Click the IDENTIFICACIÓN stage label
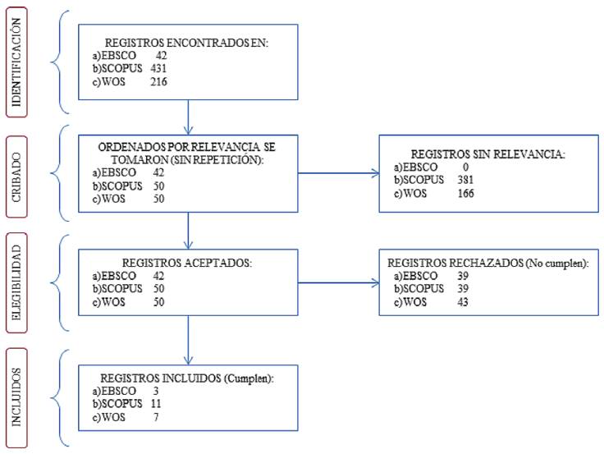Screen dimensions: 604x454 (x=16, y=62)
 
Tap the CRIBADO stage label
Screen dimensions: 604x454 (x=16, y=177)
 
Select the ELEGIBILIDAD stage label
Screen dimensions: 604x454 (x=16, y=282)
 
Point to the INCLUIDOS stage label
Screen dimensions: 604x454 (x=16, y=397)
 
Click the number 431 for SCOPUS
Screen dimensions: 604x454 (x=158, y=69)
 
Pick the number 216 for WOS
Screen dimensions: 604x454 (x=158, y=82)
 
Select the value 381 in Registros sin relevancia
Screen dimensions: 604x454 (x=465, y=180)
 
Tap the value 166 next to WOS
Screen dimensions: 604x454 (x=465, y=193)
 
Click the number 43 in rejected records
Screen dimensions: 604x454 (x=463, y=302)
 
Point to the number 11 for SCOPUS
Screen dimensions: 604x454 (x=156, y=404)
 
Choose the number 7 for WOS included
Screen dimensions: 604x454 (x=156, y=417)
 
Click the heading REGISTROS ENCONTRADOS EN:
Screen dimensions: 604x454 (x=186, y=43)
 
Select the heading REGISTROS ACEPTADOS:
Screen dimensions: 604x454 (x=187, y=263)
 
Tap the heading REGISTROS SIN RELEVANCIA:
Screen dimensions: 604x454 (x=488, y=154)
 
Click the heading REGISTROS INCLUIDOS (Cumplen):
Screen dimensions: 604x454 (x=187, y=378)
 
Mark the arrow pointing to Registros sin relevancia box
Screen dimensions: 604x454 (x=339, y=173)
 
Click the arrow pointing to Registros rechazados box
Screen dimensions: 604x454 (x=339, y=283)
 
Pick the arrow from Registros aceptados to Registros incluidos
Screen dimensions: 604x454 (x=188, y=340)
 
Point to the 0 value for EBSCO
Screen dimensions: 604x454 (x=465, y=167)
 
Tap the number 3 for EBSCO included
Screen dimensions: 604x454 (x=156, y=391)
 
